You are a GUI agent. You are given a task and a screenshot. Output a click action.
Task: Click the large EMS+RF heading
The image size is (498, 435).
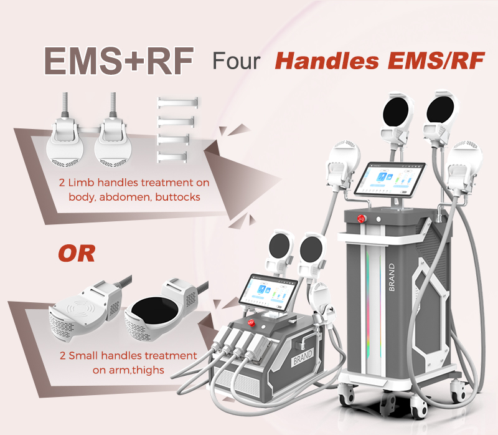[x=118, y=60]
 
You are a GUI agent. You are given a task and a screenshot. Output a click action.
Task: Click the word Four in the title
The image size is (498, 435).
[x=237, y=61]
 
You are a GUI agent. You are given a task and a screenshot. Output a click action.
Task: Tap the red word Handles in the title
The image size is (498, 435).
[x=327, y=60]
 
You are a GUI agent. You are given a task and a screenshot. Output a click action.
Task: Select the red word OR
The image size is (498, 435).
[x=77, y=254]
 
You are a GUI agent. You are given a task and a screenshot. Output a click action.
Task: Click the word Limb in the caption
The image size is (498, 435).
[x=81, y=183]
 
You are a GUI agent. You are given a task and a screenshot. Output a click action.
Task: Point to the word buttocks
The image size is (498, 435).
[x=178, y=197]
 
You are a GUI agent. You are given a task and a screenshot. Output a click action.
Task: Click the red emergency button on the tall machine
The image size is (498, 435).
[x=361, y=219]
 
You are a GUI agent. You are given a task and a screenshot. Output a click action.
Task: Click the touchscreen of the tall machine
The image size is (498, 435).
[x=390, y=179]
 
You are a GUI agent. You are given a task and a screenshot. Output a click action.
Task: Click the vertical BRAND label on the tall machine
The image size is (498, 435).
[x=392, y=277]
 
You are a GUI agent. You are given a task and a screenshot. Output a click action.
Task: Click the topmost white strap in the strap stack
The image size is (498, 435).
[x=177, y=102]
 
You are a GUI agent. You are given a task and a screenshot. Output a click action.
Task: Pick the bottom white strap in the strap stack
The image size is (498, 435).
[x=172, y=156]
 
